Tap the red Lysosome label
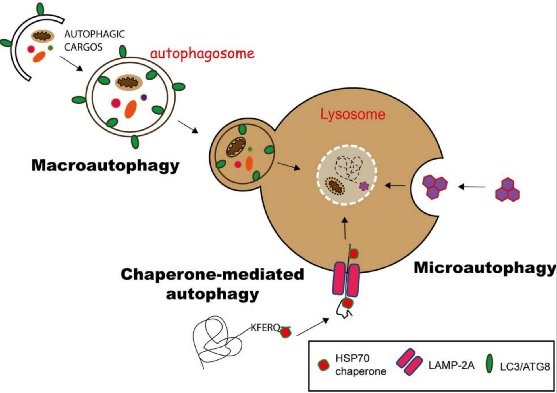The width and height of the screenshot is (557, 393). point(353,114)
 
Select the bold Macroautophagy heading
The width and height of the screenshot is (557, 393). point(105,165)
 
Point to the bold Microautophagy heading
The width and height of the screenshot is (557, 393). point(485,267)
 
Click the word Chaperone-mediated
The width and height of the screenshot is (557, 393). point(212,275)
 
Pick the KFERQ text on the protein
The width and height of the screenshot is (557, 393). point(265,328)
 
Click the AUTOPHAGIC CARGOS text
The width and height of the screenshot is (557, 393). point(94,41)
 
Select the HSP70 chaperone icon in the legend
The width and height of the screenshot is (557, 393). point(323,365)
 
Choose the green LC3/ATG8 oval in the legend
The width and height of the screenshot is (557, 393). point(489,363)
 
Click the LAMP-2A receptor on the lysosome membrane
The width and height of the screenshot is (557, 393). point(346,280)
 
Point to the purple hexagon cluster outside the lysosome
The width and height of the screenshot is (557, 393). point(508,190)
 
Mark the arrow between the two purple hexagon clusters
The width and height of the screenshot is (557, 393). point(472,187)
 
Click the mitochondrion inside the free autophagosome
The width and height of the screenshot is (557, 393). point(128,83)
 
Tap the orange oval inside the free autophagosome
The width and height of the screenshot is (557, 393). point(131,109)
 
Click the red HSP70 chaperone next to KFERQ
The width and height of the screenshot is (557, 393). point(286,332)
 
